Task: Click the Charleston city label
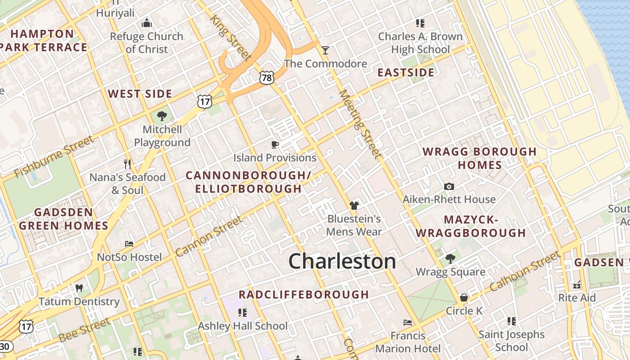pyautogui.click(x=342, y=261)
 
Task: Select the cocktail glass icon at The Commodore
pyautogui.click(x=325, y=50)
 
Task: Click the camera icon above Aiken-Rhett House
pyautogui.click(x=449, y=186)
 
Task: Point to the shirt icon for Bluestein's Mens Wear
pyautogui.click(x=354, y=206)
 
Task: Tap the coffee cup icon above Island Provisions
pyautogui.click(x=275, y=144)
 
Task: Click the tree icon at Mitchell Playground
pyautogui.click(x=162, y=117)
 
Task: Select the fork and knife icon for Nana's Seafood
pyautogui.click(x=127, y=164)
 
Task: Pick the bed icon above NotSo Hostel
pyautogui.click(x=129, y=244)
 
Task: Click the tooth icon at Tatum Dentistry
pyautogui.click(x=79, y=288)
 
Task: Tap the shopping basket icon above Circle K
pyautogui.click(x=464, y=297)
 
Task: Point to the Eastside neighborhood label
pyautogui.click(x=406, y=72)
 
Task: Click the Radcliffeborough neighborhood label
pyautogui.click(x=304, y=295)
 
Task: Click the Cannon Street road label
pyautogui.click(x=209, y=236)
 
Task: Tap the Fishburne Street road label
pyautogui.click(x=54, y=157)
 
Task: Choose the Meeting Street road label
pyautogui.click(x=360, y=124)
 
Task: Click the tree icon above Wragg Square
pyautogui.click(x=450, y=258)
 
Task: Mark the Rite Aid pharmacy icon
pyautogui.click(x=577, y=285)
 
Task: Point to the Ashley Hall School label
pyautogui.click(x=243, y=326)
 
